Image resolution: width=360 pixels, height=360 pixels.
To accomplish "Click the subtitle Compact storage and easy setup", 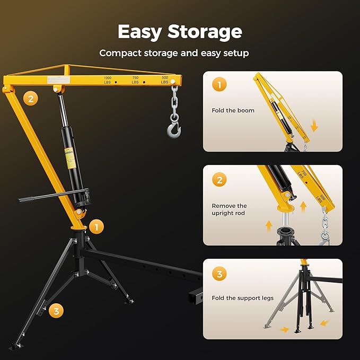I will [174, 53].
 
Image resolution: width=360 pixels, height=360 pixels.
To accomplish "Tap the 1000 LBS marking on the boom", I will [108, 80].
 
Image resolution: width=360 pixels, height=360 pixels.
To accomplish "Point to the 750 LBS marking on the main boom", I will [135, 80].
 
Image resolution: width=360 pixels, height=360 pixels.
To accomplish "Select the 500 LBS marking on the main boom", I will [164, 80].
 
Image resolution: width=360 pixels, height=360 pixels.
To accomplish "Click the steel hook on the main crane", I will [173, 129].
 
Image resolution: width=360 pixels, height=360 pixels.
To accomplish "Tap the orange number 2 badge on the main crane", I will [31, 98].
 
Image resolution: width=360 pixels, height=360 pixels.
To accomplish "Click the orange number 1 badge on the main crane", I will [96, 227].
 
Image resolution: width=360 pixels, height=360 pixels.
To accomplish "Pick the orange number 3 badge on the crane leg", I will [56, 311].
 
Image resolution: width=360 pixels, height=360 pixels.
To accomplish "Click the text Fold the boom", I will [233, 110].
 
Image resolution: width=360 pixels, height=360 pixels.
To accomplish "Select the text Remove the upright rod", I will [230, 209].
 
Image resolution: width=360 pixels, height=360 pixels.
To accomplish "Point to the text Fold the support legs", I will [243, 298].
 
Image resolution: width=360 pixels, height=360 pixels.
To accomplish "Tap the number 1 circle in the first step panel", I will [219, 85].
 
